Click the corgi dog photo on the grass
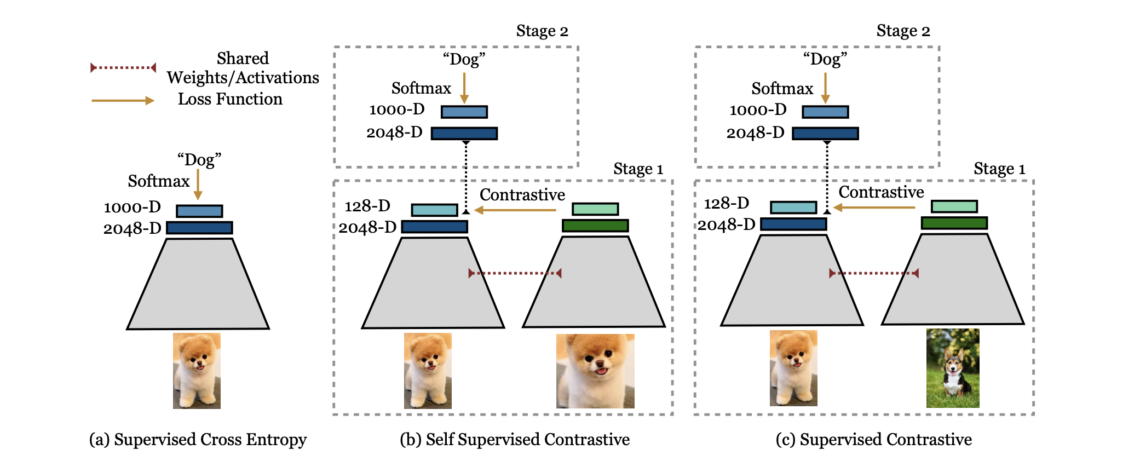click(x=953, y=368)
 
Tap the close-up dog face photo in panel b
click(x=595, y=371)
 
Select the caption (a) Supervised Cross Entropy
click(x=198, y=440)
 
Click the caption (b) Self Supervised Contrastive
click(x=515, y=440)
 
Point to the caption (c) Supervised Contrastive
click(x=874, y=440)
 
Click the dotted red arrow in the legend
click(x=123, y=68)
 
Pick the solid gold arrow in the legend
click(x=123, y=101)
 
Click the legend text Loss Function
click(x=230, y=99)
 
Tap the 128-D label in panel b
click(x=367, y=206)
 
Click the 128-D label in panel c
click(x=727, y=204)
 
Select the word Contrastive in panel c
click(x=881, y=192)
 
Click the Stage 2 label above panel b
click(x=542, y=31)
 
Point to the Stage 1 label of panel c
click(x=999, y=169)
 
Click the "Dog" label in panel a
click(x=199, y=160)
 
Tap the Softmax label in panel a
click(x=159, y=181)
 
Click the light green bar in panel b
click(x=595, y=209)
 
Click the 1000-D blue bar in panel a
click(x=199, y=211)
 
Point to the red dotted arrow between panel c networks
click(x=874, y=273)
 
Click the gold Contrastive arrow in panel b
click(x=515, y=210)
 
